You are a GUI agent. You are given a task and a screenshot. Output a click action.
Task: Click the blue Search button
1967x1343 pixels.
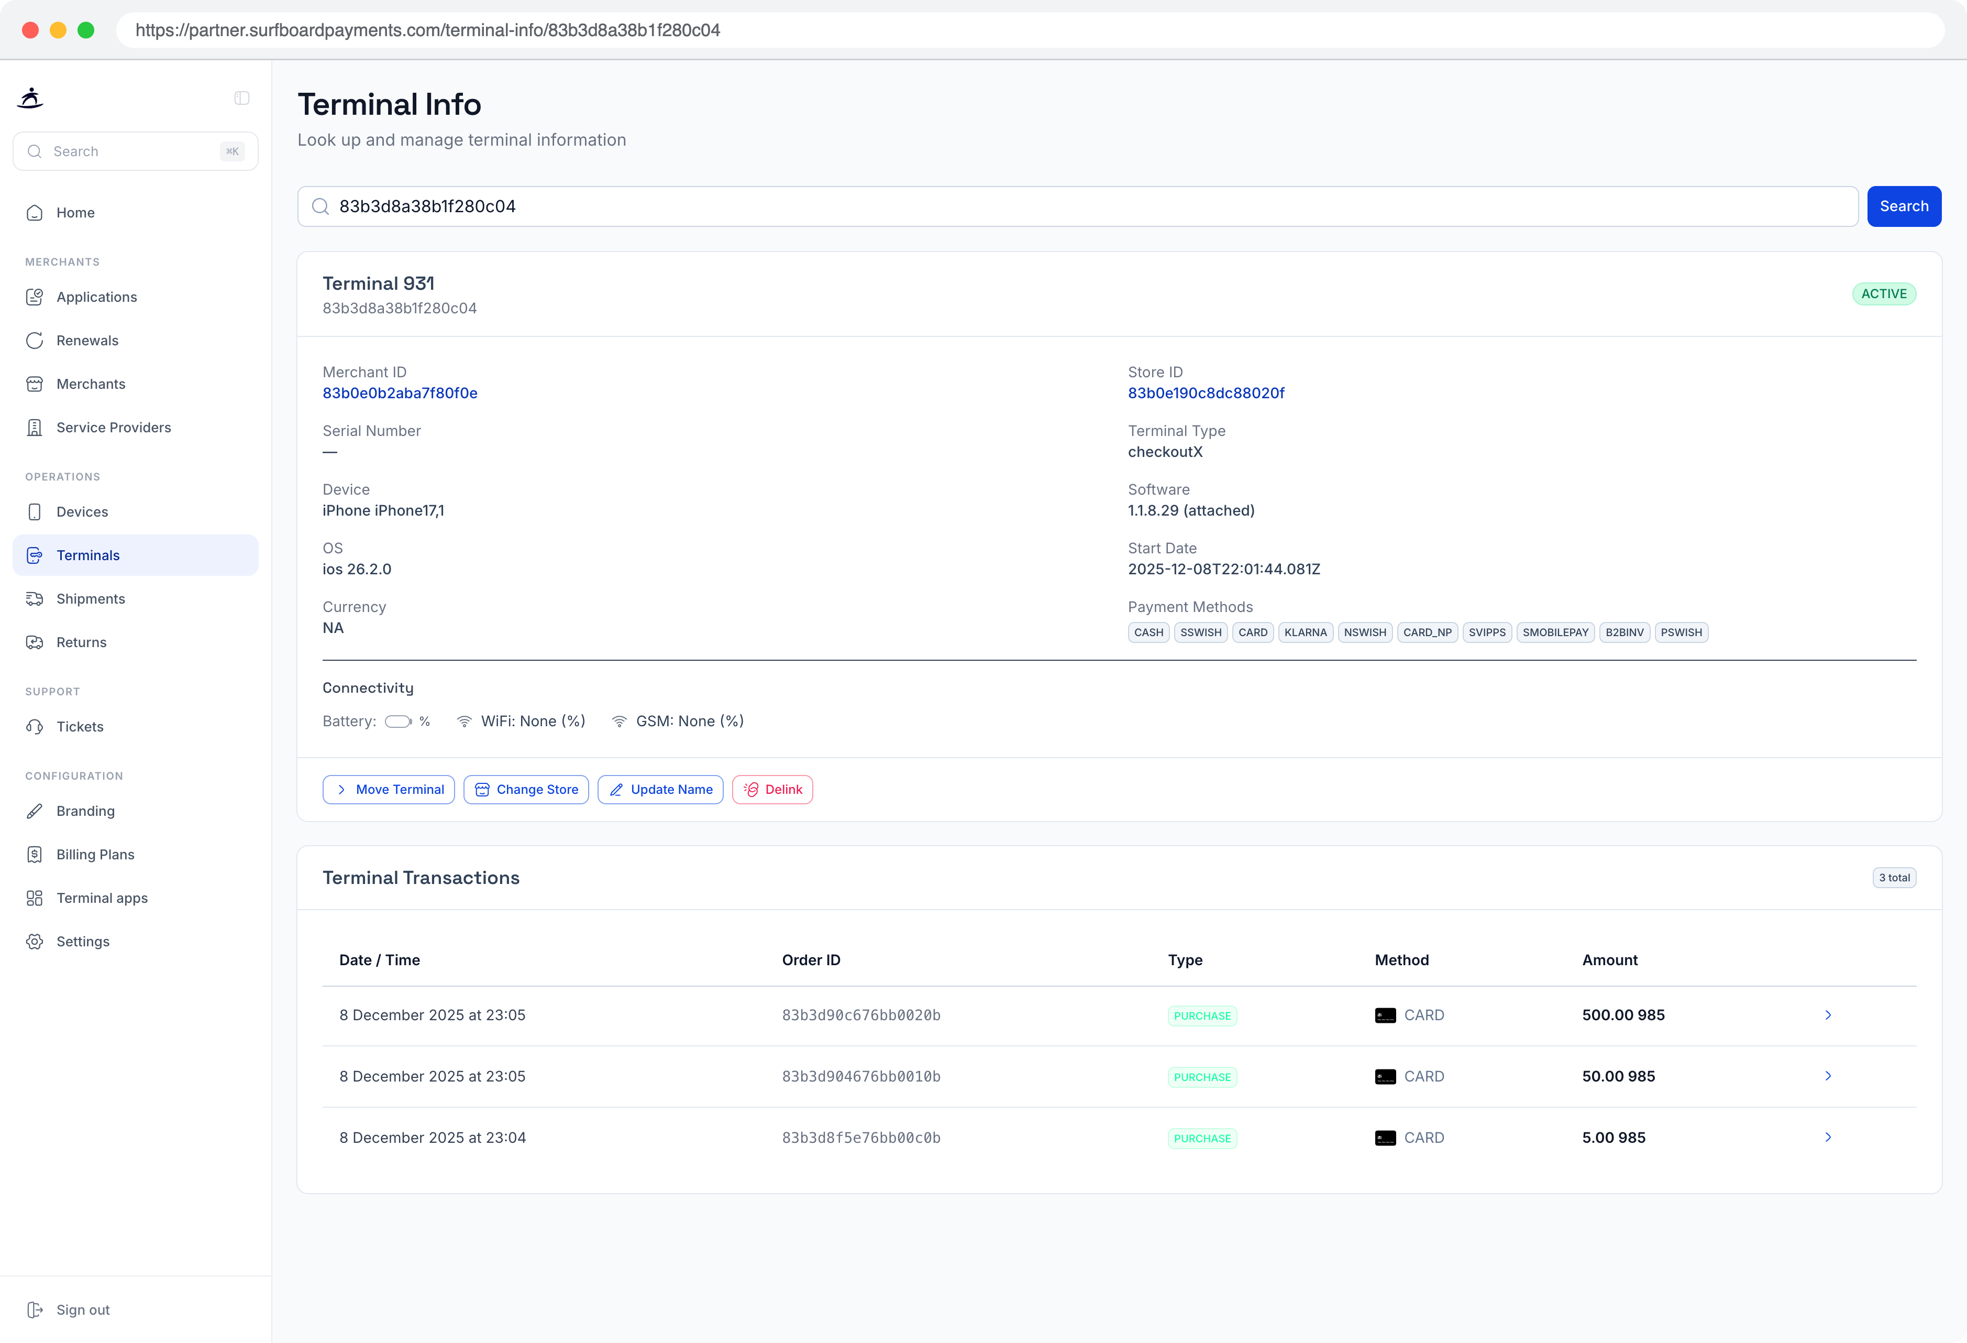pyautogui.click(x=1904, y=206)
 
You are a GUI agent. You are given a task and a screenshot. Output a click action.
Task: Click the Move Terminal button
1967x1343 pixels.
pyautogui.click(x=389, y=789)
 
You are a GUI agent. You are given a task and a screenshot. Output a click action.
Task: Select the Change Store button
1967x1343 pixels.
pyautogui.click(x=526, y=789)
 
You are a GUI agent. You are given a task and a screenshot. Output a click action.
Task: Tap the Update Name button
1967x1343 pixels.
pyautogui.click(x=660, y=789)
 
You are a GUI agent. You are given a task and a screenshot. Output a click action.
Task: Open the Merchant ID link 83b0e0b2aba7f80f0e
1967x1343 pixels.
pyautogui.click(x=400, y=393)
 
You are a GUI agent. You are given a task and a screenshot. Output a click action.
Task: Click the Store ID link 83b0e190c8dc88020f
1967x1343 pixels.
pyautogui.click(x=1206, y=393)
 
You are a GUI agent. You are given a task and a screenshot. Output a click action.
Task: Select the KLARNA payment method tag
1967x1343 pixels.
pyautogui.click(x=1305, y=632)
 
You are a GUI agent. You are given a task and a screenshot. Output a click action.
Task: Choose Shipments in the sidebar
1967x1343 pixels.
pyautogui.click(x=91, y=599)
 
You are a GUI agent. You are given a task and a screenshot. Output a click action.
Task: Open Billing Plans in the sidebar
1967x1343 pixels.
pyautogui.click(x=95, y=855)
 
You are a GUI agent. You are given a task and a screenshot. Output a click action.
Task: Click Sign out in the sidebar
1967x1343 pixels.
pyautogui.click(x=83, y=1310)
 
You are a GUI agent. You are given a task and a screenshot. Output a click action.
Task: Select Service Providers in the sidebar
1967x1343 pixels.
pyautogui.click(x=114, y=428)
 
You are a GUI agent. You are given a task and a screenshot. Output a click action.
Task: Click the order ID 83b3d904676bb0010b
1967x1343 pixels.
pyautogui.click(x=861, y=1076)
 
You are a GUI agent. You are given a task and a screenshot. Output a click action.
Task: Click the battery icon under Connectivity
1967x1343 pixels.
pyautogui.click(x=398, y=722)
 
